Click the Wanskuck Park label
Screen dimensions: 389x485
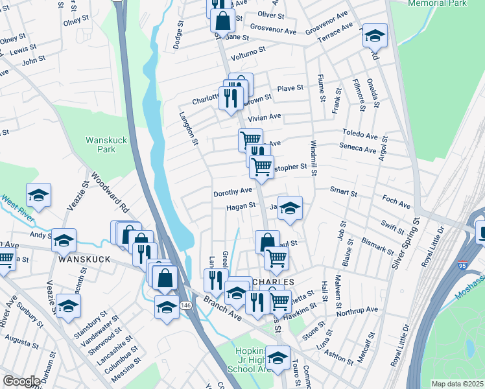[101, 144]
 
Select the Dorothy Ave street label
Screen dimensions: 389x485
[233, 192]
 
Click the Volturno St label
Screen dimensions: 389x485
[249, 49]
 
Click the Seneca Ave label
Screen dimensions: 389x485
[359, 150]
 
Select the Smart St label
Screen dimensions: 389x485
[343, 193]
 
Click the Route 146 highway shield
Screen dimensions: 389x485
[185, 305]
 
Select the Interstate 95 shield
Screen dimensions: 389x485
[462, 265]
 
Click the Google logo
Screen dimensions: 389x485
[21, 381]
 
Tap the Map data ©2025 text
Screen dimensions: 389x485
[456, 384]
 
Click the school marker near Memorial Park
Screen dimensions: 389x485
[374, 36]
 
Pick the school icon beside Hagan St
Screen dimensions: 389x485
[290, 209]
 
